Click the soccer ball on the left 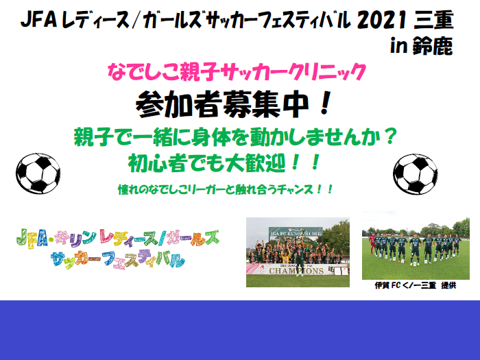tap(38, 172)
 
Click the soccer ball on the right tap(416, 173)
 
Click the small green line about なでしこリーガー tap(226, 188)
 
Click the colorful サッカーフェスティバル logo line tap(117, 260)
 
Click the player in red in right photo tap(373, 245)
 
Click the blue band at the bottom tap(240, 330)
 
